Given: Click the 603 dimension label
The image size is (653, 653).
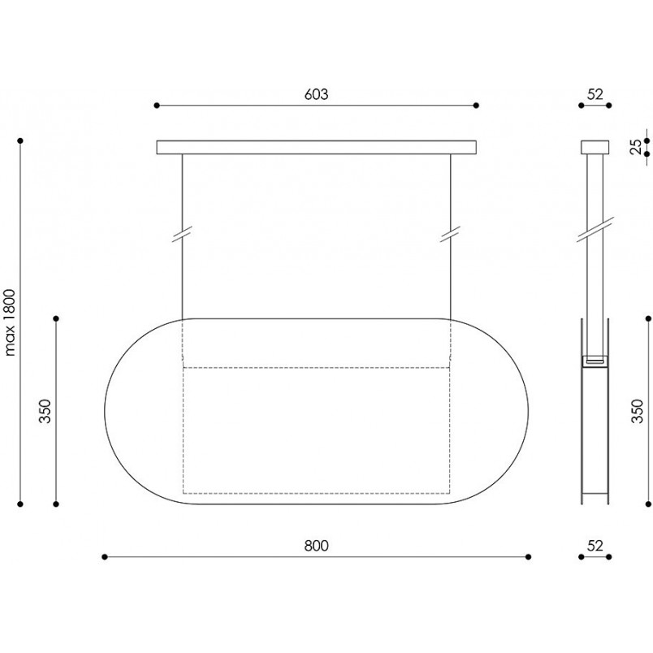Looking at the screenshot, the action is coord(316,94).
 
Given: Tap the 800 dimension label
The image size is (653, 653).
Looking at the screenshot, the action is coord(316,546).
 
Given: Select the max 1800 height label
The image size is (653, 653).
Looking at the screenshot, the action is coord(10,322).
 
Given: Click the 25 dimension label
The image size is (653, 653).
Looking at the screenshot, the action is coord(636,147).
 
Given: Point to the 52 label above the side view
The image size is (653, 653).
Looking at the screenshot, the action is coord(595,94).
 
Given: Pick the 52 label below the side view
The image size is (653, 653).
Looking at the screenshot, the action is coord(595,546).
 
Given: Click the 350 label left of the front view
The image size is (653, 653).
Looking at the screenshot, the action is coord(45,411).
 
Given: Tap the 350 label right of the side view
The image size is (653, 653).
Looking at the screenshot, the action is coord(638,411).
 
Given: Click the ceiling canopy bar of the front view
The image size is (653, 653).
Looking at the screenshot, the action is coord(317,148).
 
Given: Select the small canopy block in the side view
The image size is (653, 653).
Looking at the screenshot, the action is coord(595,148).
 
